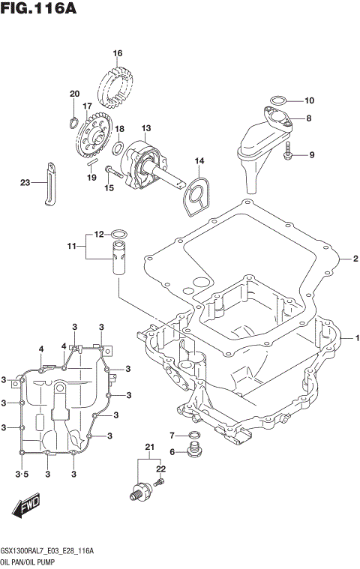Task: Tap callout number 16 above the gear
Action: tap(117, 53)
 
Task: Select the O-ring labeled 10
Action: tap(277, 100)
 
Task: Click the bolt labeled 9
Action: tap(289, 155)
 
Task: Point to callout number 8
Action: tap(309, 118)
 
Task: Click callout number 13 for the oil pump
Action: tap(146, 128)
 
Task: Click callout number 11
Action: tap(71, 245)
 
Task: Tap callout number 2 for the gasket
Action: tap(355, 259)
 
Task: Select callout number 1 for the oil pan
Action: tap(357, 337)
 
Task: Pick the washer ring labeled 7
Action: tap(194, 435)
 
